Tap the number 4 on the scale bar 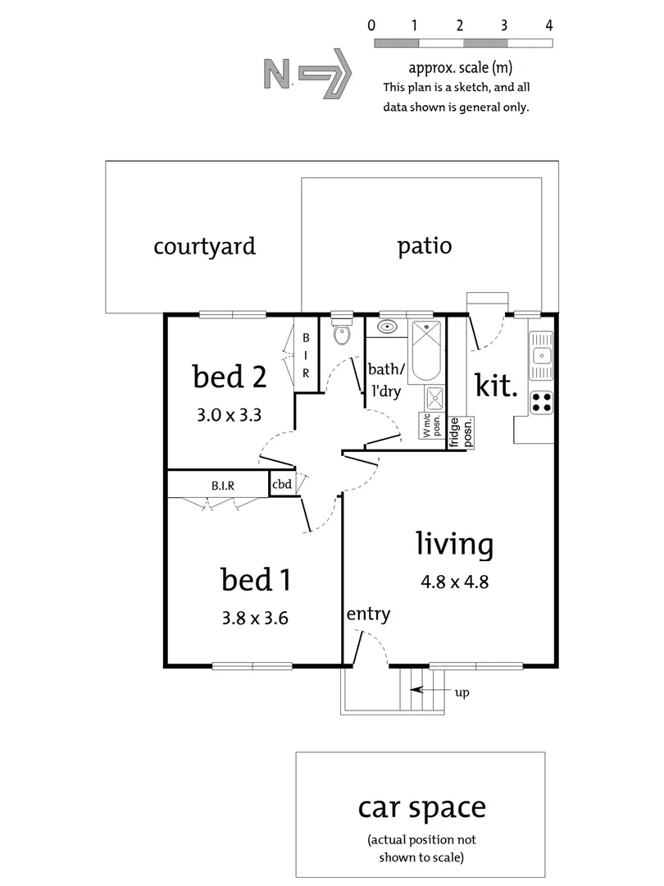point(548,25)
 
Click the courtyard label point(204,245)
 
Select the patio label point(424,245)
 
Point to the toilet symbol point(341,332)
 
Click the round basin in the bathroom point(386,327)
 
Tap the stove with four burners point(541,401)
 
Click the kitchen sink point(540,354)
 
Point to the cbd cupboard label point(281,484)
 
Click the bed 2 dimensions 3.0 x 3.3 point(229,414)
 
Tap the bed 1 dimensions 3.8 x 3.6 point(254,618)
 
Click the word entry point(368,614)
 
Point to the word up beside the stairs point(462,693)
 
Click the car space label point(421,807)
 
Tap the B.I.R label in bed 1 point(223,485)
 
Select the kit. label point(498,386)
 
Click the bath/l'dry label point(384,379)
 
